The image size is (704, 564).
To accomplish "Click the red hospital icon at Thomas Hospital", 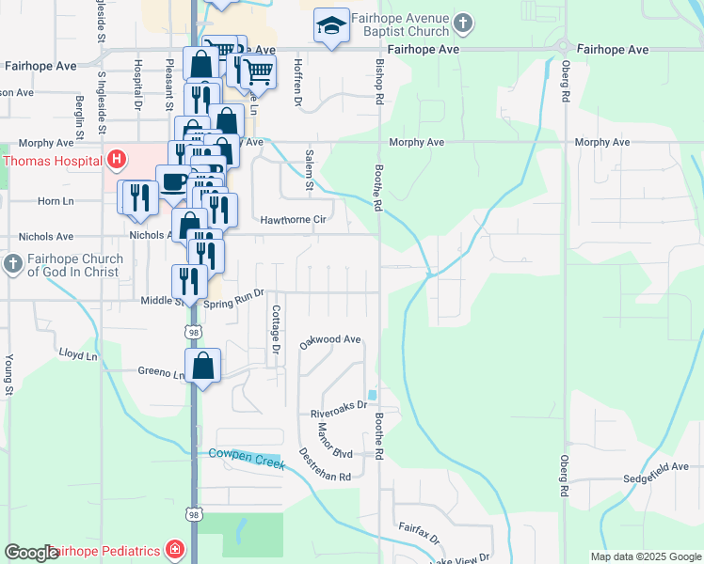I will [x=117, y=161].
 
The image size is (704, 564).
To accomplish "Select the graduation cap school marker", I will [x=331, y=28].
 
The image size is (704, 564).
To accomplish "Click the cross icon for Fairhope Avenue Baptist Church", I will [x=462, y=22].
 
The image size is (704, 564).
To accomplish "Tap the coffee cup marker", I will [x=172, y=182].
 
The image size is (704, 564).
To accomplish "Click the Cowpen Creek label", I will [x=246, y=456].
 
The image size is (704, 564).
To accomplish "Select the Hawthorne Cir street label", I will [x=293, y=220].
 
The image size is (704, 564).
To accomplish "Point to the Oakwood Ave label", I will [x=330, y=340].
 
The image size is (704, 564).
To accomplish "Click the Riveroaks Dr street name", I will [x=338, y=413].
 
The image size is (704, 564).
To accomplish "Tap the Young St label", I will [x=8, y=374].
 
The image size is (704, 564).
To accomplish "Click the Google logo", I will [x=32, y=553].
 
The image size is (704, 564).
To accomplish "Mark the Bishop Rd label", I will [x=379, y=82].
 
